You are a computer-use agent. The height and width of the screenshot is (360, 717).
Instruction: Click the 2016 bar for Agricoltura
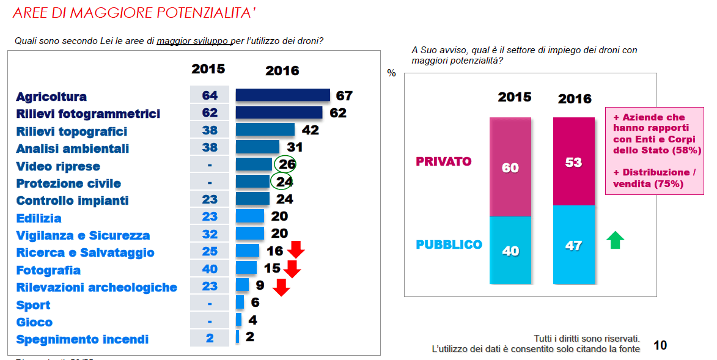[x=282, y=95]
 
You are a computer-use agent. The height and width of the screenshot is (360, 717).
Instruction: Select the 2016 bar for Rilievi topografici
[x=265, y=130]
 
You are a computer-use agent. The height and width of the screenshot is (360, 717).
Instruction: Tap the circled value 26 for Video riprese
[x=285, y=165]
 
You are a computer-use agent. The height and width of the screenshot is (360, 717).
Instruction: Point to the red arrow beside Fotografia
[x=292, y=268]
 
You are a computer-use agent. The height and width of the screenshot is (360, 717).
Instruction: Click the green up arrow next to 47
[x=614, y=240]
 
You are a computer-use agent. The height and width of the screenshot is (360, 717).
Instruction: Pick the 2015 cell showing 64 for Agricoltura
[x=210, y=95]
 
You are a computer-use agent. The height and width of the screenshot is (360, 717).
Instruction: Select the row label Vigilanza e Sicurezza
[x=83, y=235]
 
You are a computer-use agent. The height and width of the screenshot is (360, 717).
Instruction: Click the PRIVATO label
[x=444, y=162]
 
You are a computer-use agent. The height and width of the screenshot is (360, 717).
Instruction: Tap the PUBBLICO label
[x=449, y=244]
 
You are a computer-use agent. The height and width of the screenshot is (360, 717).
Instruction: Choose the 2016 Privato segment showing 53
[x=574, y=162]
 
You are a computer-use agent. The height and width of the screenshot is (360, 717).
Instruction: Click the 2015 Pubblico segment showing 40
[x=510, y=250]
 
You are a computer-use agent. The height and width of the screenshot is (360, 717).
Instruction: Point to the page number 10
[x=660, y=345]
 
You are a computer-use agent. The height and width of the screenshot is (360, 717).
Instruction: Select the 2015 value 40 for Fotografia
[x=210, y=270]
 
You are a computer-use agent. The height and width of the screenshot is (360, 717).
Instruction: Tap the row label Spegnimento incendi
[x=83, y=339]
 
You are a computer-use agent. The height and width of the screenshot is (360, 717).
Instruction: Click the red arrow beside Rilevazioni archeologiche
[x=281, y=287]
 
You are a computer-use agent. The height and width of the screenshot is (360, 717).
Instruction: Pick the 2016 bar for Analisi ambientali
[x=257, y=147]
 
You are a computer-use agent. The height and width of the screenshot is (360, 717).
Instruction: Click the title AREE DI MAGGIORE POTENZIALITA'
[x=134, y=13]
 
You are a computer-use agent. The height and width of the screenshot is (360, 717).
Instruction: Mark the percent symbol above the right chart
[x=392, y=73]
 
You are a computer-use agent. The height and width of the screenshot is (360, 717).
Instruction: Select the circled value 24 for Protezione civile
[x=281, y=182]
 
